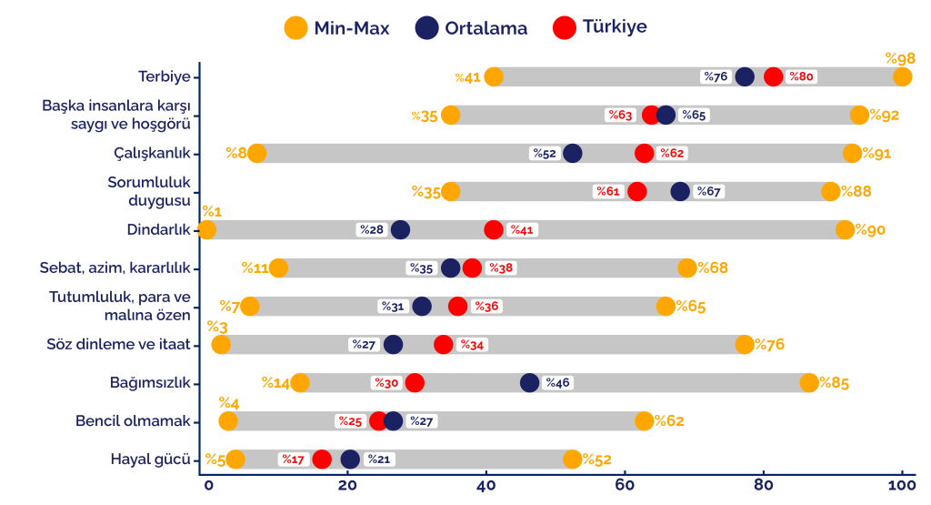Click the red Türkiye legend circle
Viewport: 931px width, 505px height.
(565, 27)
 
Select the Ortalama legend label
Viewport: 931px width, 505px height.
(486, 28)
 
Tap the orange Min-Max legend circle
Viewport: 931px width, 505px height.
(296, 27)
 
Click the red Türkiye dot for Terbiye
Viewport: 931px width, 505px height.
(774, 77)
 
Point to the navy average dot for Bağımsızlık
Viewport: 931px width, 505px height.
(530, 383)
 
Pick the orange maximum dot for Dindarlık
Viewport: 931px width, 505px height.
(845, 230)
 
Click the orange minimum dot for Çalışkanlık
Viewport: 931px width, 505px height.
(257, 153)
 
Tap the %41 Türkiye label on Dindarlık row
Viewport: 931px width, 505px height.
(522, 230)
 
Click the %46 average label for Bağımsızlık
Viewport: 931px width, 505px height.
(556, 383)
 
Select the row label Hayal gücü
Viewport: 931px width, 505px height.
(150, 460)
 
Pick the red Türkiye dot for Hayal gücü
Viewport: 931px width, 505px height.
(322, 460)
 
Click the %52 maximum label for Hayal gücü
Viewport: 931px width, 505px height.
(596, 460)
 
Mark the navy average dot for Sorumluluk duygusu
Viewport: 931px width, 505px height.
(680, 192)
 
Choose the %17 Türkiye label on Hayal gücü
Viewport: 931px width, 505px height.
(293, 460)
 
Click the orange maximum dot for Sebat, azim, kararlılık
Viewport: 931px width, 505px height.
(687, 268)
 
